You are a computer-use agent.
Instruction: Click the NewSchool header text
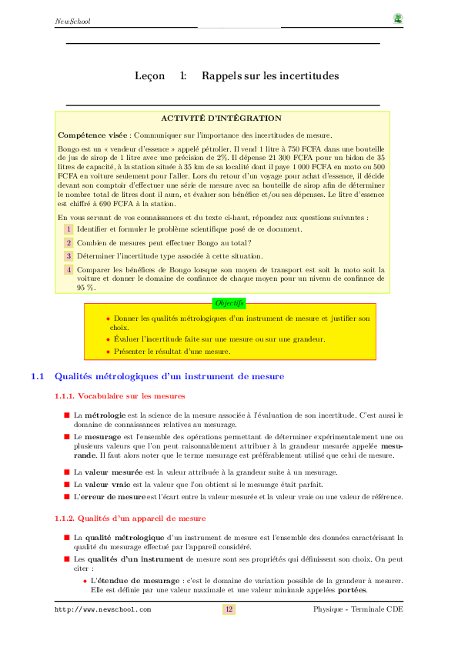click(72, 21)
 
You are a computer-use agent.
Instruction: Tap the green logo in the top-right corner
click(397, 18)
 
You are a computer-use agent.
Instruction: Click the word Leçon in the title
click(149, 76)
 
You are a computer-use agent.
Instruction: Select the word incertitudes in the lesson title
click(306, 76)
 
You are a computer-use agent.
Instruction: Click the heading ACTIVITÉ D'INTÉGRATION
click(222, 118)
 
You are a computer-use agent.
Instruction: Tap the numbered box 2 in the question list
click(68, 243)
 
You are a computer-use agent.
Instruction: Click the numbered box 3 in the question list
click(68, 256)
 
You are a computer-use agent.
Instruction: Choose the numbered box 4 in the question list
click(68, 269)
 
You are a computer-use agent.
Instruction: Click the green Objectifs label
click(229, 303)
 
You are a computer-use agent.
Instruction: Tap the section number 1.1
click(38, 377)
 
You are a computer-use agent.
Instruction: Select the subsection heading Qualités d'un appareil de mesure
click(140, 519)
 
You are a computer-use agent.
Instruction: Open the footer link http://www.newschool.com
click(102, 609)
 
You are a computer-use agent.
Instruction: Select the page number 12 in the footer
click(229, 609)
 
